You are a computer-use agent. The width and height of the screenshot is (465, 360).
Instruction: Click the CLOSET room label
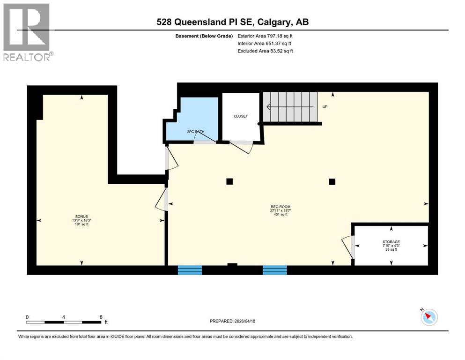tap(241, 116)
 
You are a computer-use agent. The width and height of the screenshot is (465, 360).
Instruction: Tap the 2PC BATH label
tap(196, 132)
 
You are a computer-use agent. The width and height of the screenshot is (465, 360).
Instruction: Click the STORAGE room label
tap(391, 242)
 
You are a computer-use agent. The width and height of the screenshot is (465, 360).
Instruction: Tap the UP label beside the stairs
tap(325, 107)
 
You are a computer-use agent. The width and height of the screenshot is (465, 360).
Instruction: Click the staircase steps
tap(289, 106)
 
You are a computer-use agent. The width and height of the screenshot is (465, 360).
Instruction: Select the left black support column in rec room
tap(229, 181)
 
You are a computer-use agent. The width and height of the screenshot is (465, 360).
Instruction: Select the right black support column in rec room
tap(332, 181)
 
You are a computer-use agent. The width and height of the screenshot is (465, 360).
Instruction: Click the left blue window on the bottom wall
tap(190, 270)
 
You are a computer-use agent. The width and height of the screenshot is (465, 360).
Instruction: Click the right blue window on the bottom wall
tap(274, 270)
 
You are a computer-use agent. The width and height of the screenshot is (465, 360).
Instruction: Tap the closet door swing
tap(243, 147)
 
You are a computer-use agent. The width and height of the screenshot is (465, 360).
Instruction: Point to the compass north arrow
tap(428, 317)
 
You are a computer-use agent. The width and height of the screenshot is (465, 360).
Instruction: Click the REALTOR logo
tap(27, 32)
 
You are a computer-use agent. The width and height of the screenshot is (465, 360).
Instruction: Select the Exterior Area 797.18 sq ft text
tap(265, 36)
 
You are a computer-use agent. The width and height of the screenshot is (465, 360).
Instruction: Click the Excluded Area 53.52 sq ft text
tap(265, 51)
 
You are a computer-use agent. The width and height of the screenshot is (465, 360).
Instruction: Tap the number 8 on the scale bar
tap(101, 317)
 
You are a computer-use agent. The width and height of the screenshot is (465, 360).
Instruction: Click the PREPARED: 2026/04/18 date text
tap(233, 321)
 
